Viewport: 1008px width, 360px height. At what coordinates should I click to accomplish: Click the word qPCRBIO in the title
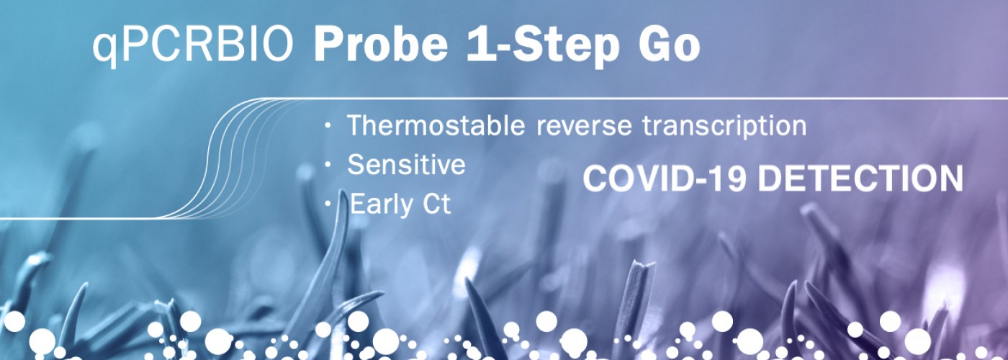click(193, 48)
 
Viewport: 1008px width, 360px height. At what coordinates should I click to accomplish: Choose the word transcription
click(724, 126)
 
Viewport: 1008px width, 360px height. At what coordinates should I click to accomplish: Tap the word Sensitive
click(406, 164)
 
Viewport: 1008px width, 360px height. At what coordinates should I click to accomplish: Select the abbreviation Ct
click(436, 204)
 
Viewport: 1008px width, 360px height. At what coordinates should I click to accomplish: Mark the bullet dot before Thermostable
click(328, 126)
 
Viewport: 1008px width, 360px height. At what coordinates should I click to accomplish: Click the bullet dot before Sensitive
click(328, 165)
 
